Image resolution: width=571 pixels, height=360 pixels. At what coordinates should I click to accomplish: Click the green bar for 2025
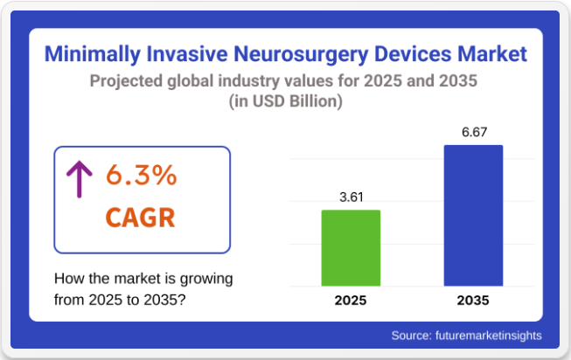351,247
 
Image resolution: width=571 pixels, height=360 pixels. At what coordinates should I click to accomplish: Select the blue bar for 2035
473,215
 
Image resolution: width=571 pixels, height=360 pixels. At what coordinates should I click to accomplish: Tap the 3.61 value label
351,197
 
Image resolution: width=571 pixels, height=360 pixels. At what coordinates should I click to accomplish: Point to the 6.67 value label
473,133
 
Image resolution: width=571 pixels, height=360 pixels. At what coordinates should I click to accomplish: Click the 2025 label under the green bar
351,301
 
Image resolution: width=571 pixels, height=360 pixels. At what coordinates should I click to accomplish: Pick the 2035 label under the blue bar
473,301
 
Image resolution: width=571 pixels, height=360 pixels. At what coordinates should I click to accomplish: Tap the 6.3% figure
142,176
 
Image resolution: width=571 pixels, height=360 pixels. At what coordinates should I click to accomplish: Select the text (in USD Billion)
285,102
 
